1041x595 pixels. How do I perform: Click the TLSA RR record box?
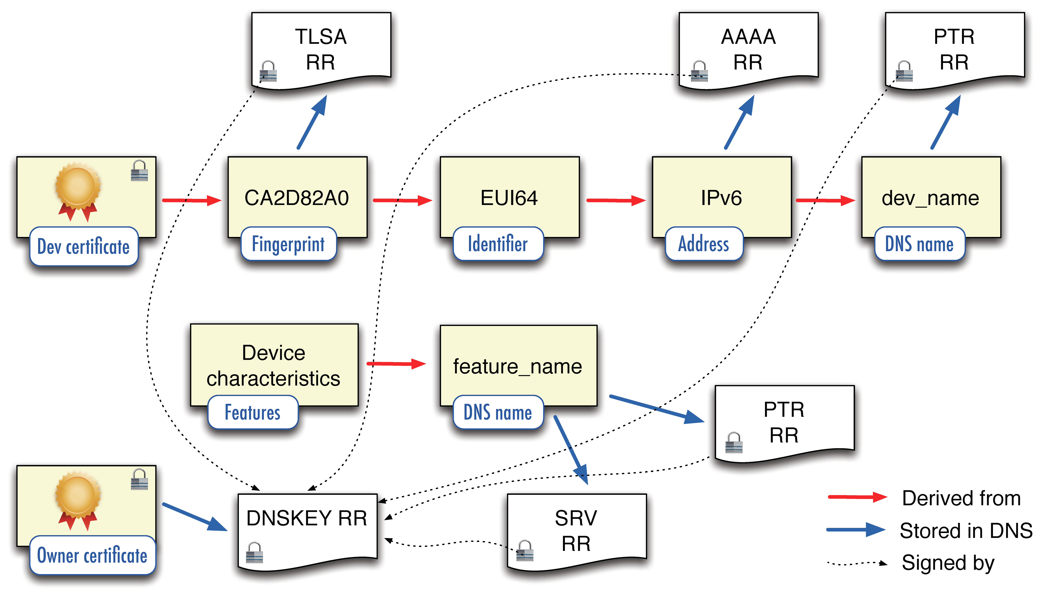(x=321, y=49)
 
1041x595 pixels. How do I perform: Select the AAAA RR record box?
(x=748, y=49)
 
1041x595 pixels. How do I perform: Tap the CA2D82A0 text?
(x=297, y=198)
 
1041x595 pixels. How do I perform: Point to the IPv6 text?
(x=721, y=198)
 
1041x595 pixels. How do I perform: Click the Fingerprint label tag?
(x=288, y=244)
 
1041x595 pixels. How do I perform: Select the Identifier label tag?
(x=498, y=244)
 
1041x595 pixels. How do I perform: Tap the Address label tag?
(x=704, y=244)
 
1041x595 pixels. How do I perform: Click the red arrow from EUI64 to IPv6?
(x=615, y=200)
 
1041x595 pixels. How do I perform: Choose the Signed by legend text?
(x=948, y=563)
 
